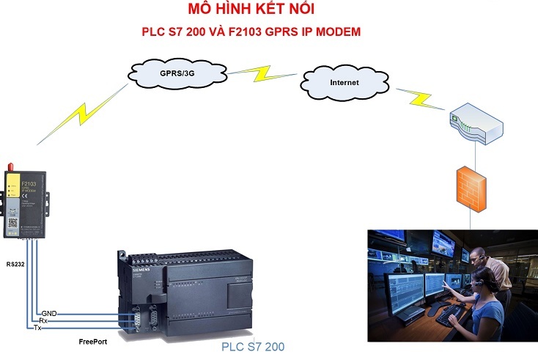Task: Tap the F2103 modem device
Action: click(26, 202)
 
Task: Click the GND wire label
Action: click(49, 313)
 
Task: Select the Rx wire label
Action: click(44, 320)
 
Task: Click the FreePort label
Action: click(95, 342)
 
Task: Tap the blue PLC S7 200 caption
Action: click(252, 345)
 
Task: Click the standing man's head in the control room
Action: click(478, 254)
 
